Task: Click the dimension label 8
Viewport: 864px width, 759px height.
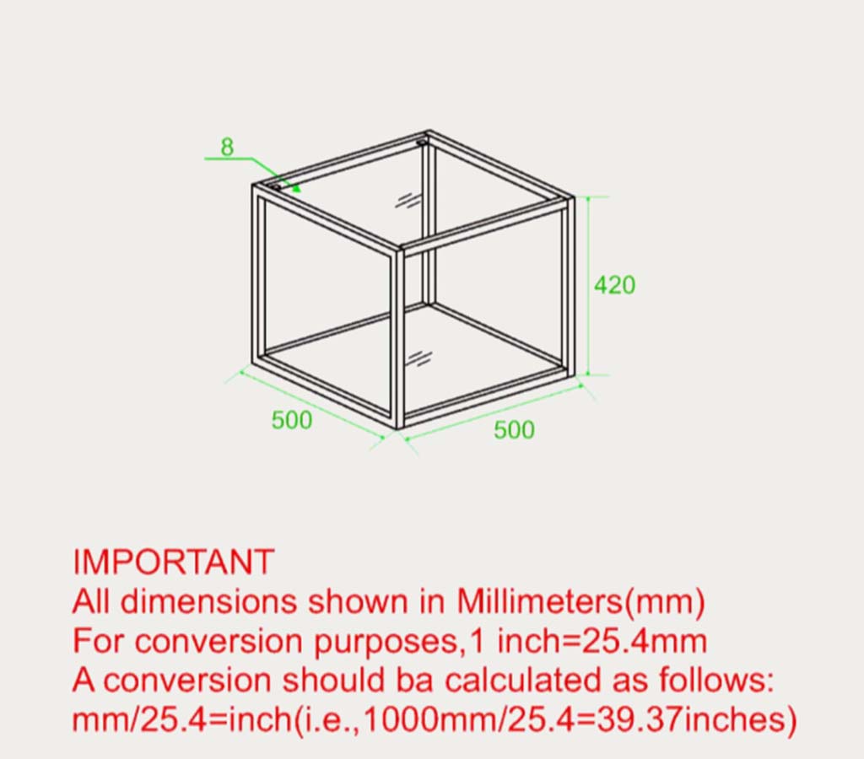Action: coord(227,147)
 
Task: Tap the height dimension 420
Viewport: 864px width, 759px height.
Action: coord(615,285)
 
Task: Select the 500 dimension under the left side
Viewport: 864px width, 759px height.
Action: coord(291,420)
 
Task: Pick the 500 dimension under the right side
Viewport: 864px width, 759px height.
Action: coord(514,429)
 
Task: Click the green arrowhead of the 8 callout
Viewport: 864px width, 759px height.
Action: coord(296,187)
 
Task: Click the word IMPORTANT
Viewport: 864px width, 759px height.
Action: coord(174,563)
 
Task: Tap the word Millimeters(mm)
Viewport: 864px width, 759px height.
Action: coord(580,602)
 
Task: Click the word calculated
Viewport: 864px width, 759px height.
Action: coord(522,681)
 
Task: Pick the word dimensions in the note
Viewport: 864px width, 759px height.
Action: coord(208,602)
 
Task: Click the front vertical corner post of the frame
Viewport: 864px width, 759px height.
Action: coord(400,338)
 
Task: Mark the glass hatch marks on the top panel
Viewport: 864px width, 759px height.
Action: coord(408,201)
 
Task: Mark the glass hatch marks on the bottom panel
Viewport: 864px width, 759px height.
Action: coord(419,358)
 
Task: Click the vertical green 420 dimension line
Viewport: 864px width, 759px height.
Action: coord(588,286)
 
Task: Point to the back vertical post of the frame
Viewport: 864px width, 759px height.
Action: coord(428,220)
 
